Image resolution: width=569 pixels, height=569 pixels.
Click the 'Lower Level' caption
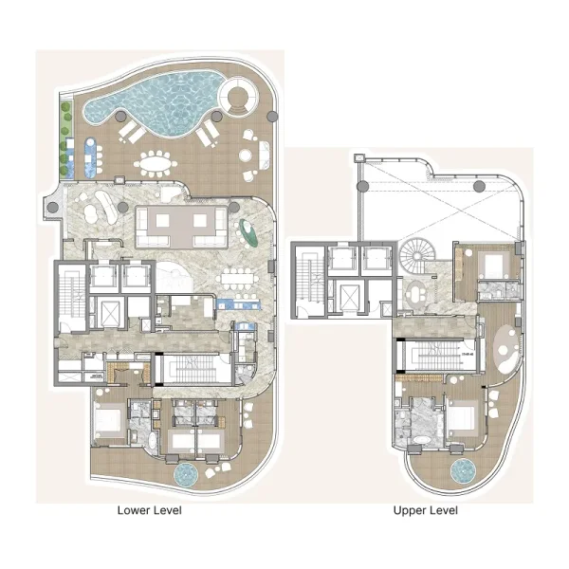pos(149,510)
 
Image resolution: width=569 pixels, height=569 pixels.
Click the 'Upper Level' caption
pos(426,510)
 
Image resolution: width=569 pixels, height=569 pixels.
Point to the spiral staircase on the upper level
pos(414,255)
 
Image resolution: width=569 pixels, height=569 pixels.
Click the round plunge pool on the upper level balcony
pos(462,471)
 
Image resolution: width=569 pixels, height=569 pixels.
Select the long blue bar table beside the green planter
pos(90,156)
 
